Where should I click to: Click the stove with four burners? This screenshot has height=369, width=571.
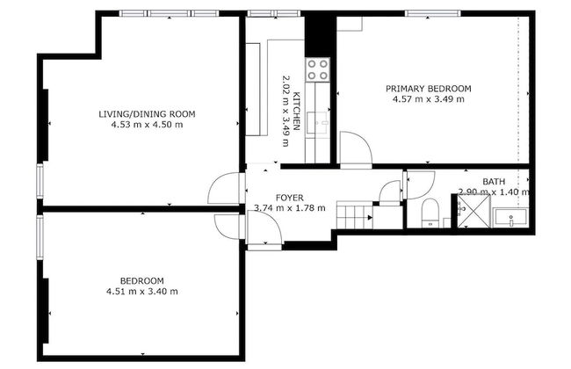point(317,69)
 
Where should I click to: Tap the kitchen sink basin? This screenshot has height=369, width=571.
point(320,121)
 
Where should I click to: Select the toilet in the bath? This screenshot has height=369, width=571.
point(430,213)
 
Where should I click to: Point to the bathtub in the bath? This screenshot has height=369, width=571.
point(510,217)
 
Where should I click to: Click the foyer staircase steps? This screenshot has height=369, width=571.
point(356,213)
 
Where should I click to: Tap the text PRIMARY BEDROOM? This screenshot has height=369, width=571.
point(430,89)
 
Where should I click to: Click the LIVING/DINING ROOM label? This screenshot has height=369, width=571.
point(147,114)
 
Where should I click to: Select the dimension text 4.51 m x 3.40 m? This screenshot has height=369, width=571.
point(142,292)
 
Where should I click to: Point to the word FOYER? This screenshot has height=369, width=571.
point(289,198)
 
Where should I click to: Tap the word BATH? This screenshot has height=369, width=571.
point(494,182)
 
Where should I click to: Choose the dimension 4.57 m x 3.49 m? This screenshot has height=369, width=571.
point(429,99)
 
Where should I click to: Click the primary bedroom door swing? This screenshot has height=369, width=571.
point(354,149)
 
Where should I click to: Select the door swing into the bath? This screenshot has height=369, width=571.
point(416,184)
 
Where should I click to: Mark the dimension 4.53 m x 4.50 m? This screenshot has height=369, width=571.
point(147,125)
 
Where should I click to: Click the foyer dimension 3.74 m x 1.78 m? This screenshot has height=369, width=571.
point(289,208)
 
